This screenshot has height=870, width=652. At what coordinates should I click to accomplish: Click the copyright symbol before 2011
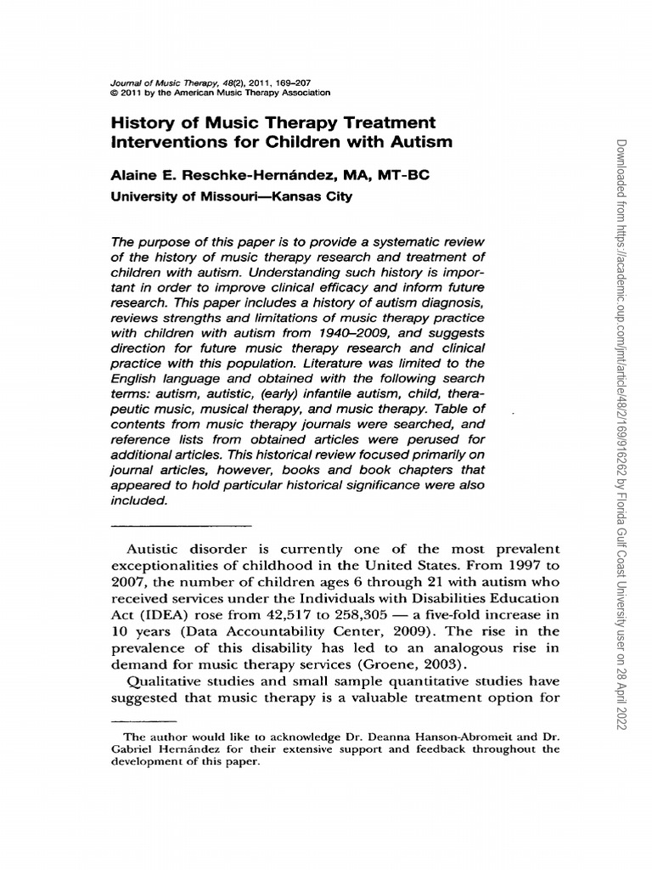click(115, 92)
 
